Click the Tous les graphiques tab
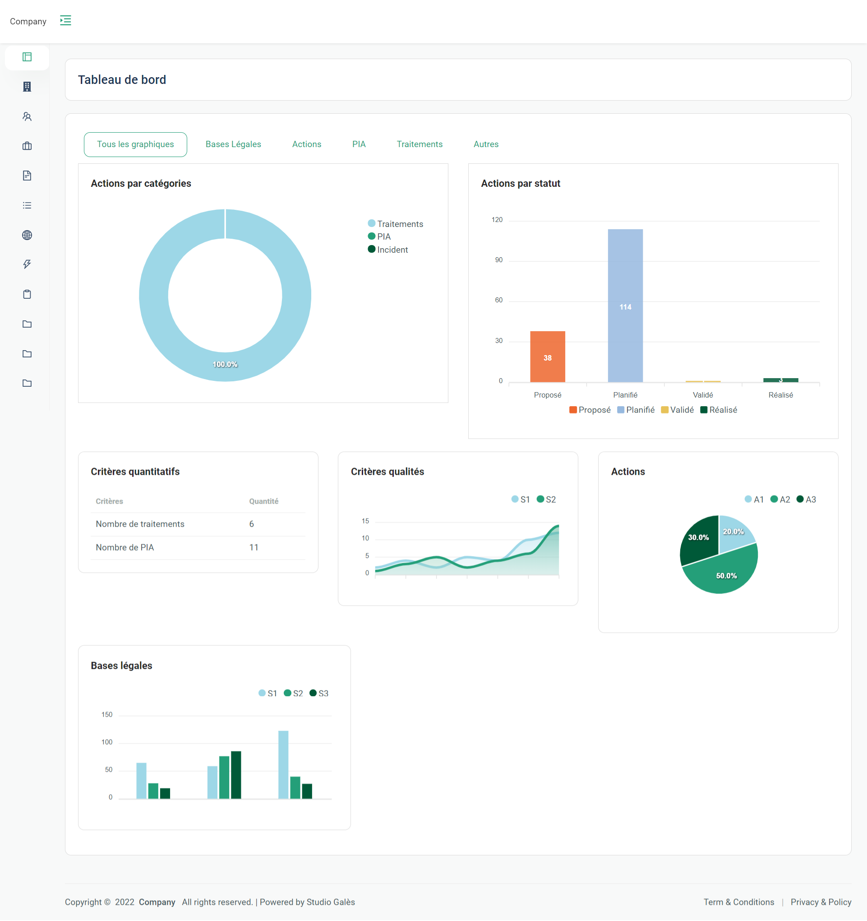[135, 144]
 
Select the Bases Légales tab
[233, 144]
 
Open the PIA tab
[359, 144]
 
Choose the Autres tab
[486, 144]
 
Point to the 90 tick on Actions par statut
[498, 260]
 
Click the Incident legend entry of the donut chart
[392, 250]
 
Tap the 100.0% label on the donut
[225, 365]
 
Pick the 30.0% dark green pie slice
[698, 538]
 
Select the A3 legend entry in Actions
[807, 500]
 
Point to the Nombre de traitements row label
[140, 524]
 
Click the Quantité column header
[263, 501]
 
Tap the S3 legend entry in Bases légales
[319, 694]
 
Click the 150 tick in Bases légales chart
[107, 715]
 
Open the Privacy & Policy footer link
[821, 902]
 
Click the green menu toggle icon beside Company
[65, 21]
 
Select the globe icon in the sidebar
[27, 236]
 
